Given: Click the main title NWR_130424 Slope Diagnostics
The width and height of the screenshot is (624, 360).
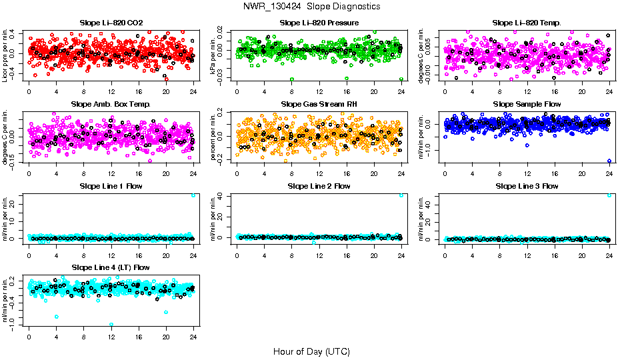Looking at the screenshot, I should pyautogui.click(x=312, y=6).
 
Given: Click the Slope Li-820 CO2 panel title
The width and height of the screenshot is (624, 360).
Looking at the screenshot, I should pyautogui.click(x=111, y=23).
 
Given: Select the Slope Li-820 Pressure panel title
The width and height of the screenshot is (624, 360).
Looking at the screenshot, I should pyautogui.click(x=319, y=23).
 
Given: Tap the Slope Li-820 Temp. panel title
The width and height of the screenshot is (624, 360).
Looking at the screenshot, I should pyautogui.click(x=527, y=23).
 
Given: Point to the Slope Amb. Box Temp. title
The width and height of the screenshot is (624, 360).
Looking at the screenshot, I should pyautogui.click(x=111, y=104).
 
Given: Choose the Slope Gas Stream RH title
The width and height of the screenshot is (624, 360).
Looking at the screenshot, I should pyautogui.click(x=319, y=104).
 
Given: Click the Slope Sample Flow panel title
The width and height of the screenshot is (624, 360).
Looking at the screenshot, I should pyautogui.click(x=527, y=104).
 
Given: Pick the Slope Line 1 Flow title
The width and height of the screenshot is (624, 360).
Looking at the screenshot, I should pyautogui.click(x=111, y=186).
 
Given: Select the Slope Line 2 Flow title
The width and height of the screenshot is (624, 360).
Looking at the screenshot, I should pyautogui.click(x=319, y=186).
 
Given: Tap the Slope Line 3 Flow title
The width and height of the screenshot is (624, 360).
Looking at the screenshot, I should pyautogui.click(x=527, y=186).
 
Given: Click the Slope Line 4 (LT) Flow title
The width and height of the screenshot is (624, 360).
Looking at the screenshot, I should pyautogui.click(x=111, y=267).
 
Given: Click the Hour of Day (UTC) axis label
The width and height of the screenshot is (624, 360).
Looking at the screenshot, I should pyautogui.click(x=312, y=351).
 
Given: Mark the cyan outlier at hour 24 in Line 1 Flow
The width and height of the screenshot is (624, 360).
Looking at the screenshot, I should pyautogui.click(x=193, y=195).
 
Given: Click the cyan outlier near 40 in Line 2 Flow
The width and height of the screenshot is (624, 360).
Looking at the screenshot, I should pyautogui.click(x=401, y=195).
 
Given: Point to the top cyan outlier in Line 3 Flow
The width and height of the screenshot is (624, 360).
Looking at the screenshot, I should pyautogui.click(x=609, y=195).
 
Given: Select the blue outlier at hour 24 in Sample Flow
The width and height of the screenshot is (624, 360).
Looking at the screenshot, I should pyautogui.click(x=609, y=161).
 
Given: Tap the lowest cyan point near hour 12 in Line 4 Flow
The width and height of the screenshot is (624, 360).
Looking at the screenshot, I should pyautogui.click(x=111, y=324).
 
